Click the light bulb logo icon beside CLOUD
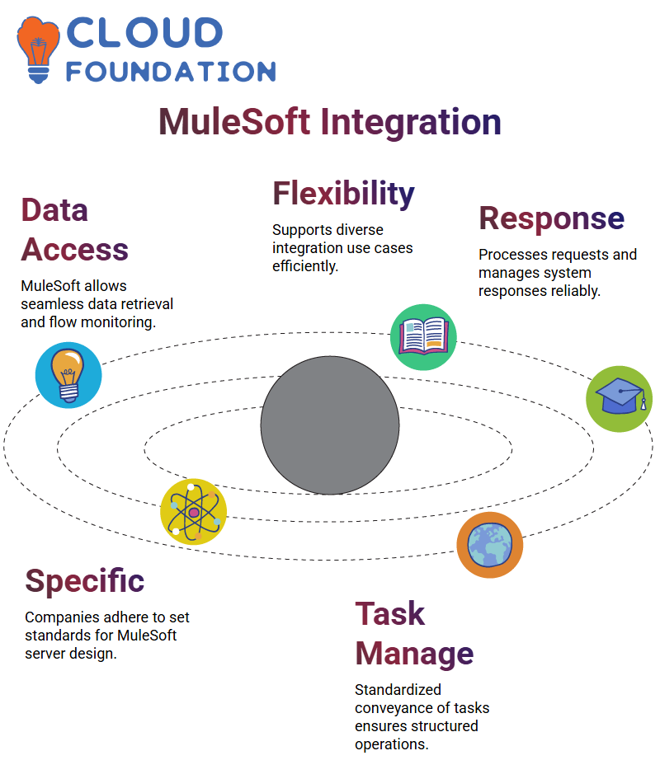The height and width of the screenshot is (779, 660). click(38, 49)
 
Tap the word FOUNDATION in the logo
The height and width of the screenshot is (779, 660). click(171, 72)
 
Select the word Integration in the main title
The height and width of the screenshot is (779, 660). click(410, 123)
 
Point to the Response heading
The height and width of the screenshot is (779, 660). click(552, 219)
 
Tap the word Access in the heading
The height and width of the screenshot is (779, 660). click(74, 249)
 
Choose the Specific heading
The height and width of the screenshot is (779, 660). click(84, 581)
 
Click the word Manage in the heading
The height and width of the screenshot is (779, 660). click(414, 654)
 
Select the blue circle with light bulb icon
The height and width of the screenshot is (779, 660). click(68, 375)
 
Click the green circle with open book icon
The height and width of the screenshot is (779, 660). click(423, 337)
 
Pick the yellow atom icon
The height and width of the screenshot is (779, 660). click(194, 512)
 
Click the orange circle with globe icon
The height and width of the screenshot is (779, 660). click(490, 545)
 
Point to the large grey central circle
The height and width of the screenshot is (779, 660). click(330, 425)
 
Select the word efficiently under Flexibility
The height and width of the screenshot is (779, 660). click(305, 267)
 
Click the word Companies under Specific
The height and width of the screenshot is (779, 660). click(63, 618)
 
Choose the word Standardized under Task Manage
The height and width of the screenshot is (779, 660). click(398, 690)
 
